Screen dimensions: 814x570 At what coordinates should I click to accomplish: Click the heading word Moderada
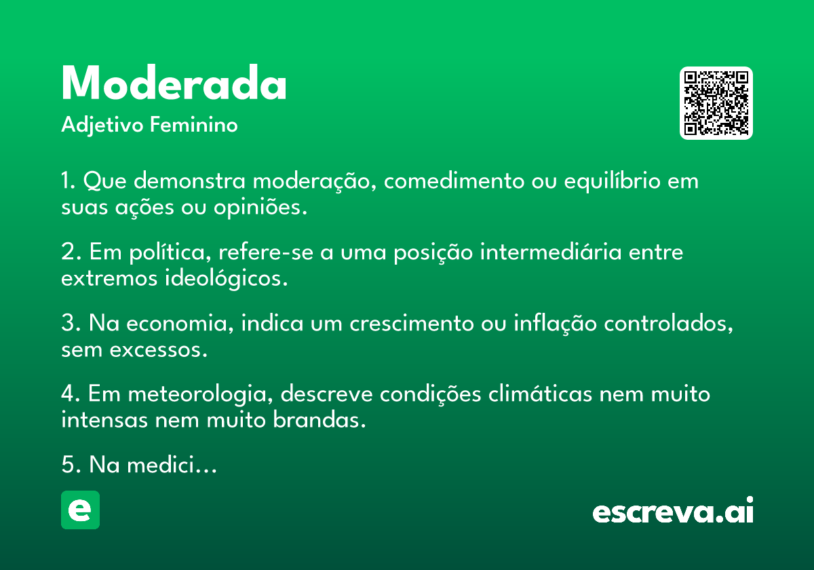click(x=174, y=82)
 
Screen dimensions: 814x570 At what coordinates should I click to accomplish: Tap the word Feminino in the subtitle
click(x=194, y=125)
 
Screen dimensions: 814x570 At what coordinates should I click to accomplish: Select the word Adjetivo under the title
click(x=102, y=126)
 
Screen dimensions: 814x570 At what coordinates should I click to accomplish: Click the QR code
click(x=716, y=103)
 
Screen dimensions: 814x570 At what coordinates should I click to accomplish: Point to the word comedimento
click(x=454, y=180)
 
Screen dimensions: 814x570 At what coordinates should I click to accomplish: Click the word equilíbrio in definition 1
click(x=613, y=181)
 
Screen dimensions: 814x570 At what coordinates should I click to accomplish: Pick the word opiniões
click(x=260, y=208)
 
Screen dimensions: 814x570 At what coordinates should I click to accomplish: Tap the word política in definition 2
click(x=170, y=252)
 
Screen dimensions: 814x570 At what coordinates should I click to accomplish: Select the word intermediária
click(x=551, y=252)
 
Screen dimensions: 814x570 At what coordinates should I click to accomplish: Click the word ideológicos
click(x=226, y=279)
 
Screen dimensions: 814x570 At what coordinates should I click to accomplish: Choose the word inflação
click(x=556, y=323)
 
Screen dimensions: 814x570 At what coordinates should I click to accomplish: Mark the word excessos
click(x=159, y=350)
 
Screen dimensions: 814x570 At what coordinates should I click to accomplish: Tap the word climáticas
click(x=541, y=394)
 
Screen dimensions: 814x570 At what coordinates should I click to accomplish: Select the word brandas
click(x=319, y=420)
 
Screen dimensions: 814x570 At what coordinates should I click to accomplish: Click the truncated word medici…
click(x=172, y=465)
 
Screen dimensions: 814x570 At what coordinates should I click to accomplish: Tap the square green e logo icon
click(x=80, y=510)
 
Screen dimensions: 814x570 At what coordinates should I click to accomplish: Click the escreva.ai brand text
click(x=673, y=510)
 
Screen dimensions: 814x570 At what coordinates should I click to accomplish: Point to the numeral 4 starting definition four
click(x=69, y=394)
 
